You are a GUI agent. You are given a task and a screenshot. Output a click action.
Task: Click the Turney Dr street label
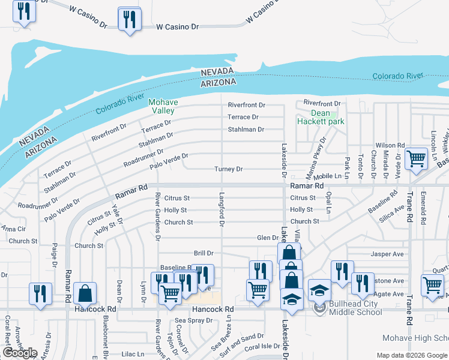pyautogui.click(x=229, y=170)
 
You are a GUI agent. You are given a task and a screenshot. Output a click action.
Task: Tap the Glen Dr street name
pyautogui.click(x=268, y=238)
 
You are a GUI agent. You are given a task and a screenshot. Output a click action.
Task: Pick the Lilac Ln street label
pyautogui.click(x=133, y=355)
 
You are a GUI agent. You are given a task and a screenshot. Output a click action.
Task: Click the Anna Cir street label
pyautogui.click(x=13, y=229)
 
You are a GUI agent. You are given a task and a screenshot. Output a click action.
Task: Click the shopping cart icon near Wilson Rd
pyautogui.click(x=416, y=158)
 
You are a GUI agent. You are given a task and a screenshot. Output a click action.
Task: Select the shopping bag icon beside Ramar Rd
pyautogui.click(x=86, y=293)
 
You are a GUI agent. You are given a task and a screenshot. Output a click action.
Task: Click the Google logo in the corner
pyautogui.click(x=20, y=353)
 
